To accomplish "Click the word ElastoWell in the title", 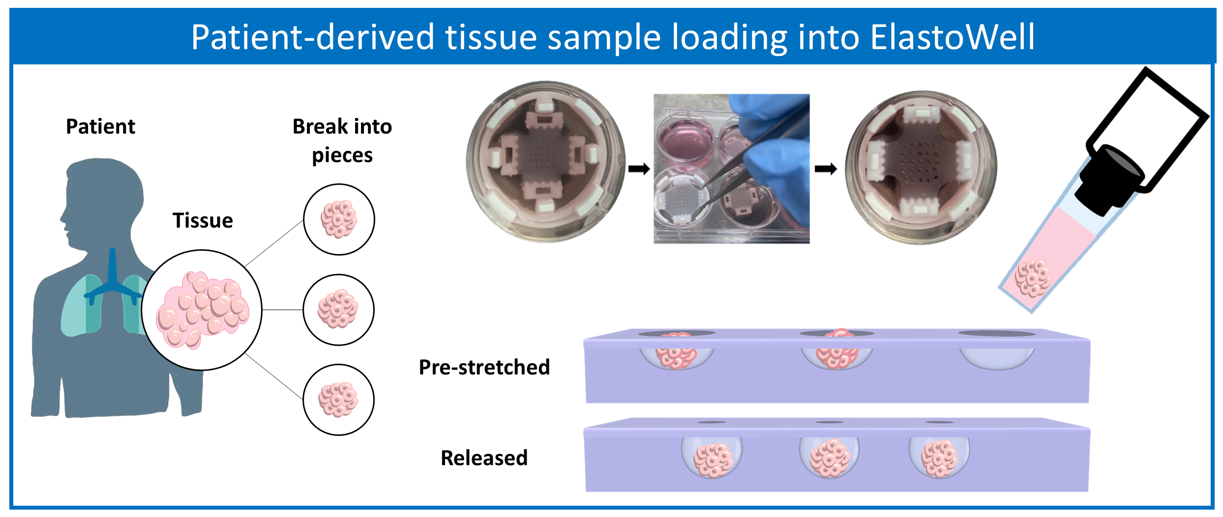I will point(952,37).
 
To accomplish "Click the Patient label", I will point(100,127).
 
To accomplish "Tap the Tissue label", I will point(203,221).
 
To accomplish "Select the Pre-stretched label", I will point(484,368).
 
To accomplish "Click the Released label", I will point(484,458).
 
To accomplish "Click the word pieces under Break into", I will point(342,155).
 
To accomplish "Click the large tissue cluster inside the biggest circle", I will point(202,310).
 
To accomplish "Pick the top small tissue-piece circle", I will point(339,220).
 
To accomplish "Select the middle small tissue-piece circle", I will point(338,310).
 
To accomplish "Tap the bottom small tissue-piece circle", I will point(338,400).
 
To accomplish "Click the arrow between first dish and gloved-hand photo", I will point(639,169).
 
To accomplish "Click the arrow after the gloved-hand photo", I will point(826,169).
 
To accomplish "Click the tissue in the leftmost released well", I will point(713,460).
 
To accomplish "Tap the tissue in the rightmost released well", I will point(939,459).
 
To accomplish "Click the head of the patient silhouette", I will point(101,197).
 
